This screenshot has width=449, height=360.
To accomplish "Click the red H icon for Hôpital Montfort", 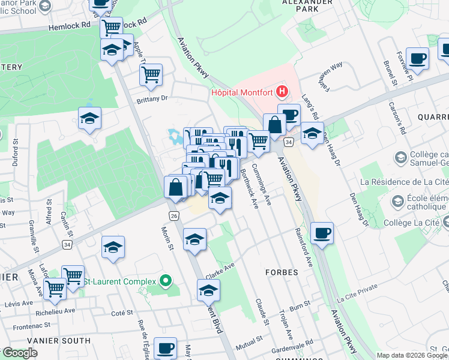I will pos(282,92).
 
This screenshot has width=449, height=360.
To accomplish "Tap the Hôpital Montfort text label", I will pos(242,92).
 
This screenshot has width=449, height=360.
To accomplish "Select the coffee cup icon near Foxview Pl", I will pos(417,59).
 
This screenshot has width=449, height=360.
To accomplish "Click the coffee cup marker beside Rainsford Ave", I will pos(322,233).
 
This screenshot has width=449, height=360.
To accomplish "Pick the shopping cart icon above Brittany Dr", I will pos(151,75).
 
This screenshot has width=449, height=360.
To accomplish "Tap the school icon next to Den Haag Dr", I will pos(312,133).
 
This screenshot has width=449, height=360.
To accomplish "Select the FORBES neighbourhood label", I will pos(282,272).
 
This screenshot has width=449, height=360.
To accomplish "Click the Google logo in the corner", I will pos(20,353).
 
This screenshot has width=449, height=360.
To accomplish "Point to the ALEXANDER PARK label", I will pos(307,3).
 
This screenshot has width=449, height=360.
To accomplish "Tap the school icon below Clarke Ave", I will pos(208,290).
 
